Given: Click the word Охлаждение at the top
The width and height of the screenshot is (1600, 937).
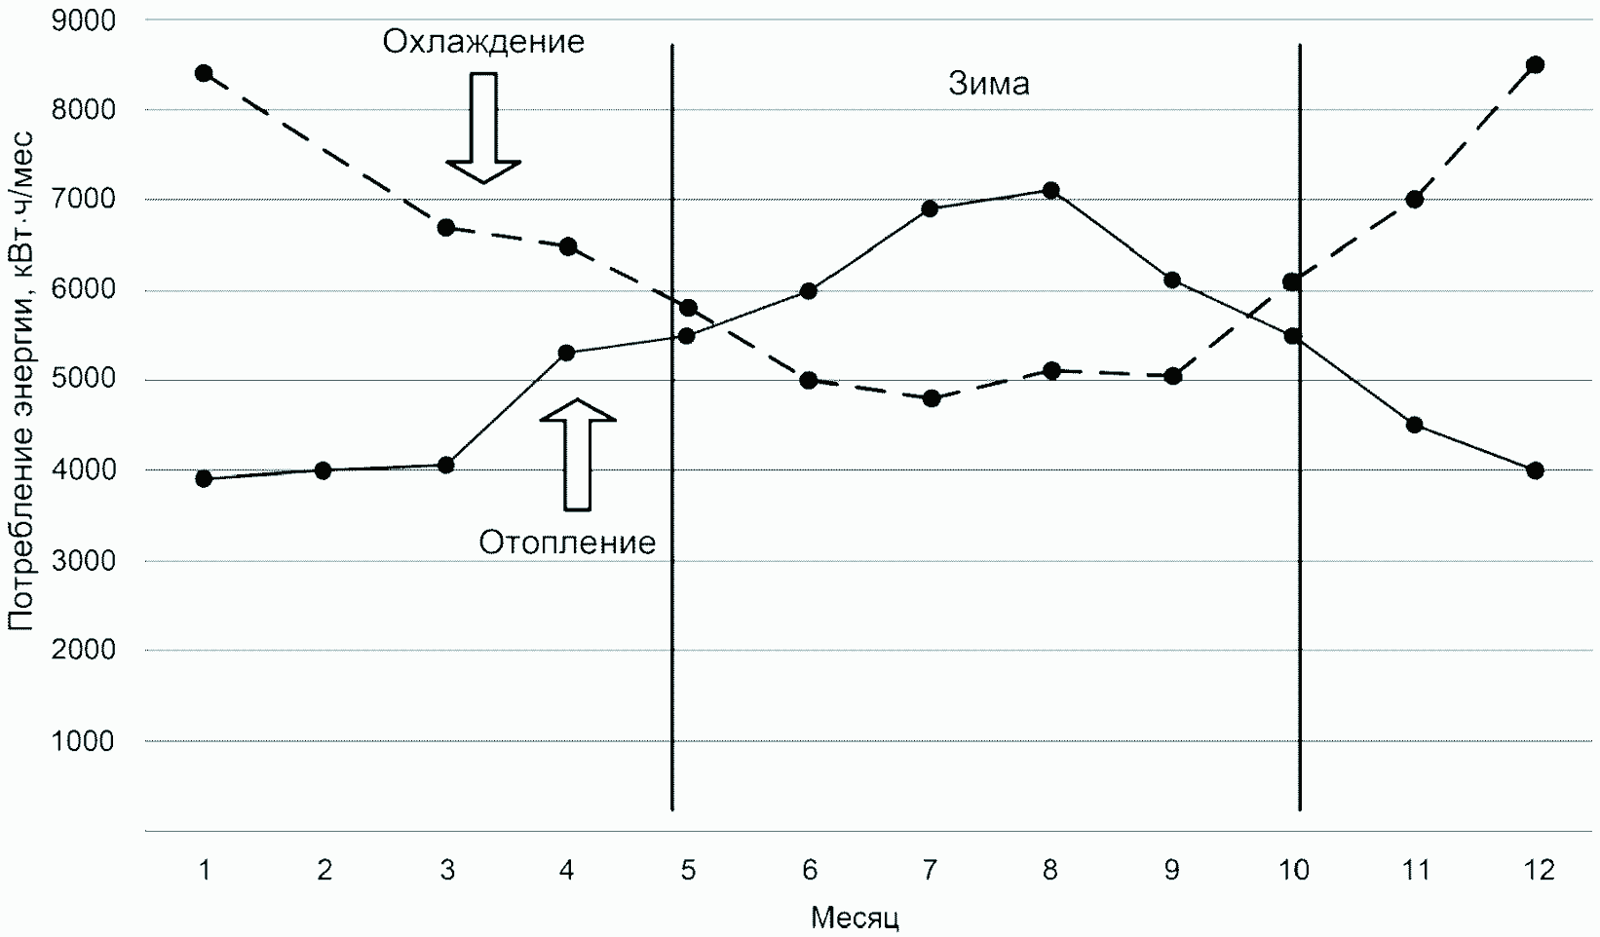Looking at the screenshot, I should coord(483,42).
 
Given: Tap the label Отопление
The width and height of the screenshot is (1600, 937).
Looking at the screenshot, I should coord(567,543).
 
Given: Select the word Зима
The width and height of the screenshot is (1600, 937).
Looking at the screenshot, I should coord(989,85).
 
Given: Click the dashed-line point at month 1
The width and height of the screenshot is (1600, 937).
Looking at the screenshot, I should coord(204,73).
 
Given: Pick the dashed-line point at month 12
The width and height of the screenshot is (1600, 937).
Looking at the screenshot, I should coord(1536,65).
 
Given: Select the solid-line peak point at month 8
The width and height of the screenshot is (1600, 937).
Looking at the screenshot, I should coord(1050,190).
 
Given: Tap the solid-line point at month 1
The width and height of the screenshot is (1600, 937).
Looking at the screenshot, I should coord(204,478).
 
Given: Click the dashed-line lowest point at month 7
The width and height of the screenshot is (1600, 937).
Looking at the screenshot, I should coord(931,398).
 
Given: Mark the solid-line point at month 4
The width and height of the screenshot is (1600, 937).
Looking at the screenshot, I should coord(567,353).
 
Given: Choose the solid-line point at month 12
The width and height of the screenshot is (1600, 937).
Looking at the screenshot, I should coord(1536,470).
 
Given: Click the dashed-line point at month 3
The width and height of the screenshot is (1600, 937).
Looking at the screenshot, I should coord(446,228).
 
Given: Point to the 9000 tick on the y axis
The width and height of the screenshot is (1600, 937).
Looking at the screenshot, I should coord(83,19).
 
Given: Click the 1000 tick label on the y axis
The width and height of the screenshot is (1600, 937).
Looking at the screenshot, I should coord(83,741).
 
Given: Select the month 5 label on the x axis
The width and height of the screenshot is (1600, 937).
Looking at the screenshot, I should coord(688,870).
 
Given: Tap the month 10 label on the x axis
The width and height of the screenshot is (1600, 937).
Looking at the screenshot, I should coord(1293,870).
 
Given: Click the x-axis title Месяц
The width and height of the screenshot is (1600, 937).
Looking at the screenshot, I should coord(855,918).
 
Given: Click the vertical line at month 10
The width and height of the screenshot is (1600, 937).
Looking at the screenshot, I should coord(1300,584).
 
